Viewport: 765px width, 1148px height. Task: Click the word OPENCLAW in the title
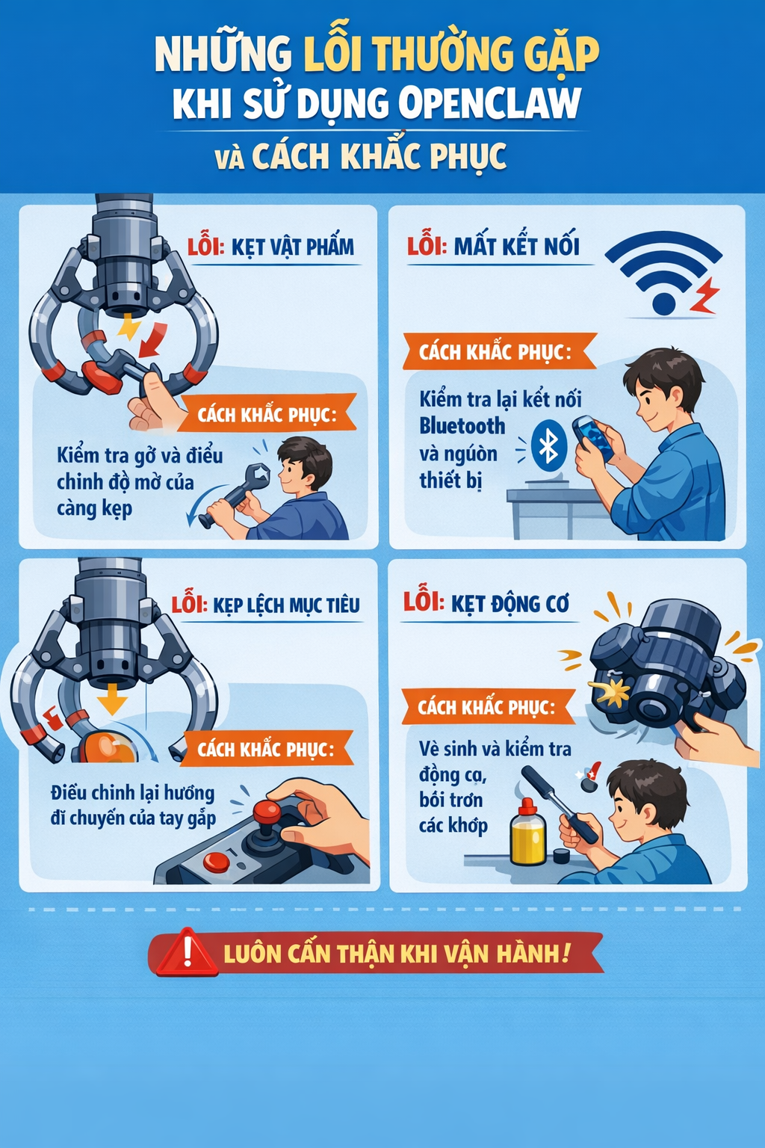click(489, 103)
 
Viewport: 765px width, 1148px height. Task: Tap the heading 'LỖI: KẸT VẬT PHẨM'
click(270, 247)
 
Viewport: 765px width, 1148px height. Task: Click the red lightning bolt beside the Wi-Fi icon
click(704, 295)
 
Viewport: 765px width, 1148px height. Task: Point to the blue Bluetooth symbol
click(549, 445)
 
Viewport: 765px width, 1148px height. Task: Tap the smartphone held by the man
click(592, 437)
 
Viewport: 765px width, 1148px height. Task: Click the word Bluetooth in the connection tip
click(462, 426)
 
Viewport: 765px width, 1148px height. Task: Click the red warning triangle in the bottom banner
click(187, 953)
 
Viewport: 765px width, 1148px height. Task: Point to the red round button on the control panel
click(217, 862)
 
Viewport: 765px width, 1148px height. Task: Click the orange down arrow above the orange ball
click(112, 700)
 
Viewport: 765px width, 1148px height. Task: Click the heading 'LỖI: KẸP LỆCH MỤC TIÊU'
click(266, 605)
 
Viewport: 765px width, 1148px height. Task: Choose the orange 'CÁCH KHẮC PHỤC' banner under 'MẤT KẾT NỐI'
click(498, 351)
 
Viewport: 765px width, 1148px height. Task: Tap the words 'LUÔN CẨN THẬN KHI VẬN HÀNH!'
click(396, 954)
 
